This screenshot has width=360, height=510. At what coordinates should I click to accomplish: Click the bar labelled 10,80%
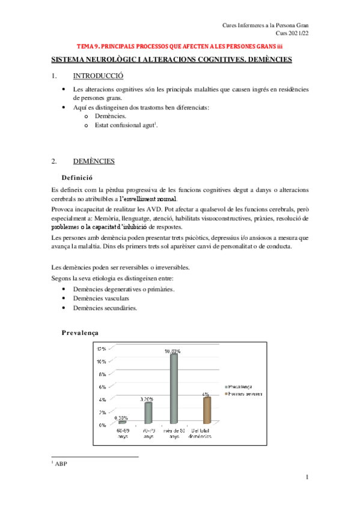click(x=174, y=389)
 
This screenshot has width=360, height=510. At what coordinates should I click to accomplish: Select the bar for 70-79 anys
click(x=148, y=413)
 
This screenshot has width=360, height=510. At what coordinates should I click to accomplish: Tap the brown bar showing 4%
click(x=206, y=411)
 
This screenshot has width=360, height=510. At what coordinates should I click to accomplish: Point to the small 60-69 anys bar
click(x=122, y=423)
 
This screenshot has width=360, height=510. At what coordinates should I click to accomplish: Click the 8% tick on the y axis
click(x=102, y=374)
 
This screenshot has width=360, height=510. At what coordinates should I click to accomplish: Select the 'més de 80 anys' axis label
click(x=174, y=434)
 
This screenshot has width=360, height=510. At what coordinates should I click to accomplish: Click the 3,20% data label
click(x=148, y=399)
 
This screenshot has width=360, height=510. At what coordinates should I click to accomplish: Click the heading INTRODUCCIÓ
click(x=97, y=76)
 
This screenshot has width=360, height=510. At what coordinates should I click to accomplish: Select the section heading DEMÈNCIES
click(x=94, y=161)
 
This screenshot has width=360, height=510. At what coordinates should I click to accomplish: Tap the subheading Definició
click(x=76, y=177)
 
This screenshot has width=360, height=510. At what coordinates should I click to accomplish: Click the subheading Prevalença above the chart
click(x=81, y=333)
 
